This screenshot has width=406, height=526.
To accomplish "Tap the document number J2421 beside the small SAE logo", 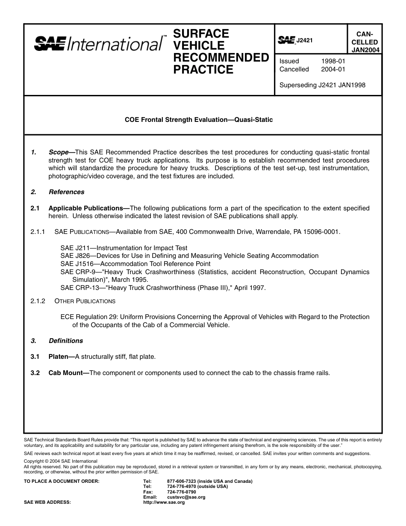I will point(305,40).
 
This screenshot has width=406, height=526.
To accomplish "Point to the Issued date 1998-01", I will point(333,61).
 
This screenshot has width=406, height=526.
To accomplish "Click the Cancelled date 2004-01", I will point(333,69).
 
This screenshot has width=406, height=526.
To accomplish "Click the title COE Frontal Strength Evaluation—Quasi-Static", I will point(199,120).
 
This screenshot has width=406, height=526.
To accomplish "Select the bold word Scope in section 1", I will point(59,152).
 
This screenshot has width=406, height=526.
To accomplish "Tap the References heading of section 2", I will point(66,192).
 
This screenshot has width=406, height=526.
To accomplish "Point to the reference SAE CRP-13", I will point(79,288).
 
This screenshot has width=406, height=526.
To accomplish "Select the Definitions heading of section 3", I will point(66,341).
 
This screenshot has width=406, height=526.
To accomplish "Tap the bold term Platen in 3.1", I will point(59,357).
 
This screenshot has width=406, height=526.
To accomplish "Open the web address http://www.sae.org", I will point(164,502).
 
